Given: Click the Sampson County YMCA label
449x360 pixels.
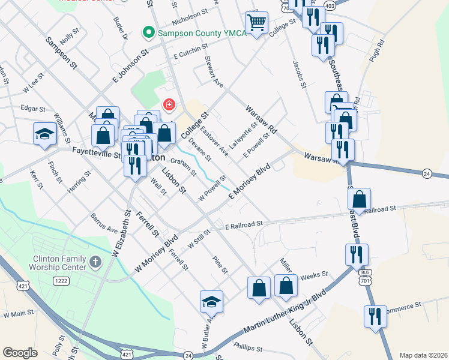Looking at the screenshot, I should click(202, 33).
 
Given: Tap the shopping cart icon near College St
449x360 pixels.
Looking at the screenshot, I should click(256, 23).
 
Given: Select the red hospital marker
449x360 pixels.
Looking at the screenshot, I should click(169, 106).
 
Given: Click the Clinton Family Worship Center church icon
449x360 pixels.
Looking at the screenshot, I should click(95, 262).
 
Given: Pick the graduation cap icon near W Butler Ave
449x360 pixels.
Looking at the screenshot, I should click(211, 302).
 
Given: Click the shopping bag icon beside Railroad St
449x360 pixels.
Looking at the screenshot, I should click(359, 199).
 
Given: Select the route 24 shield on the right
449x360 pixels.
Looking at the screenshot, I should click(427, 174).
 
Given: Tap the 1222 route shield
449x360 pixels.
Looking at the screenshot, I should click(61, 280).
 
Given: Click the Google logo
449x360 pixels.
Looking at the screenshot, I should click(20, 353).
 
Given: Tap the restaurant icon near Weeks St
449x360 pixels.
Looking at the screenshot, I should click(357, 255).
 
